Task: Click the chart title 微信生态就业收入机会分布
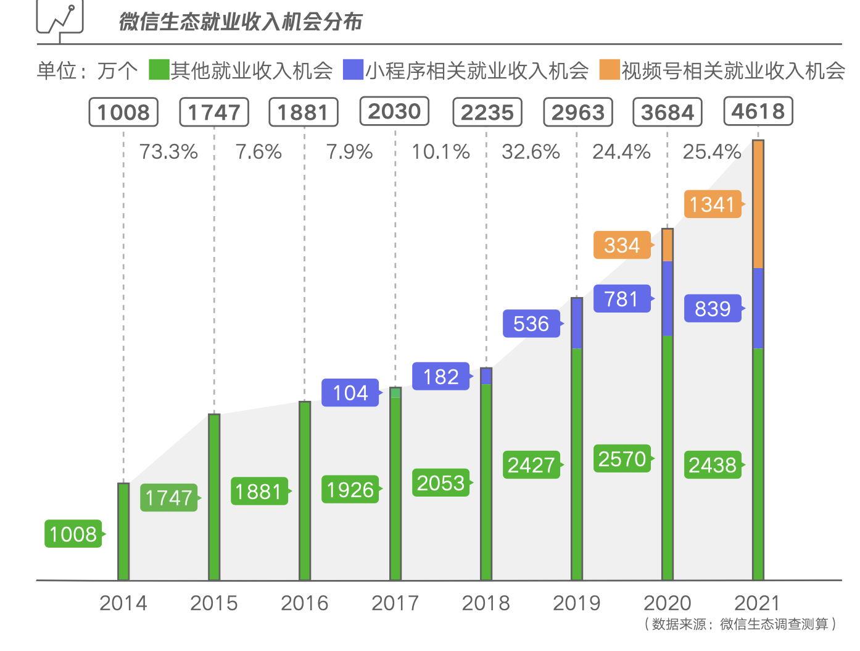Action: (241, 22)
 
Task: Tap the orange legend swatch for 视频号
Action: (609, 70)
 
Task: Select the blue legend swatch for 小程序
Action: (353, 70)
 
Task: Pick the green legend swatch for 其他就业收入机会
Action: (159, 70)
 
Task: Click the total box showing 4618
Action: (758, 112)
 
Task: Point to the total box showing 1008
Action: (123, 112)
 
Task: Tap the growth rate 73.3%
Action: (168, 152)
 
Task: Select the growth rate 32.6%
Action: (531, 152)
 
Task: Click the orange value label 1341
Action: (712, 204)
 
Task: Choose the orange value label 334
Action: (622, 245)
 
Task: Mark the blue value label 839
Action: (712, 309)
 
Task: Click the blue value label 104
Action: (350, 393)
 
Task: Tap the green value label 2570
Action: (622, 459)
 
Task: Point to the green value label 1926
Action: (350, 490)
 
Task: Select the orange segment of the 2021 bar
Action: (758, 204)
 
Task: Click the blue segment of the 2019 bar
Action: (577, 323)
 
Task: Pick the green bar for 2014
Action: (123, 531)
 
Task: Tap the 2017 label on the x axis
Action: (395, 603)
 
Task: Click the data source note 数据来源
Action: (740, 624)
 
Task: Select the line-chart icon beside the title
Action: (60, 19)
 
